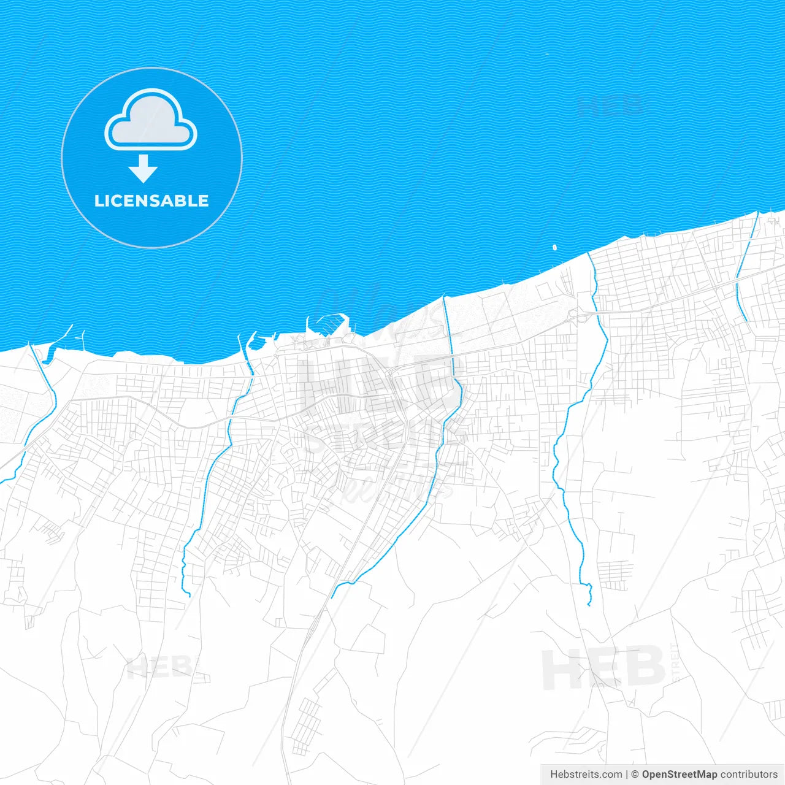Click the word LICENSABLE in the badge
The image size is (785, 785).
(151, 201)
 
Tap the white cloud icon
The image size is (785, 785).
(151, 122)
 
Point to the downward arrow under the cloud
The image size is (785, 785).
(144, 169)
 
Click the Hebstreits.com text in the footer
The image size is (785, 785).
(586, 775)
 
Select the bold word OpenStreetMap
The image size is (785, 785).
(680, 775)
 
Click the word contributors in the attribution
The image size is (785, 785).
(749, 775)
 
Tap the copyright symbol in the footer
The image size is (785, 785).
(635, 775)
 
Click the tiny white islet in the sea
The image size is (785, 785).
(554, 248)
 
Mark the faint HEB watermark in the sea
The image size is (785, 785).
(610, 105)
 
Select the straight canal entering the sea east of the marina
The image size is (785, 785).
(448, 319)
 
